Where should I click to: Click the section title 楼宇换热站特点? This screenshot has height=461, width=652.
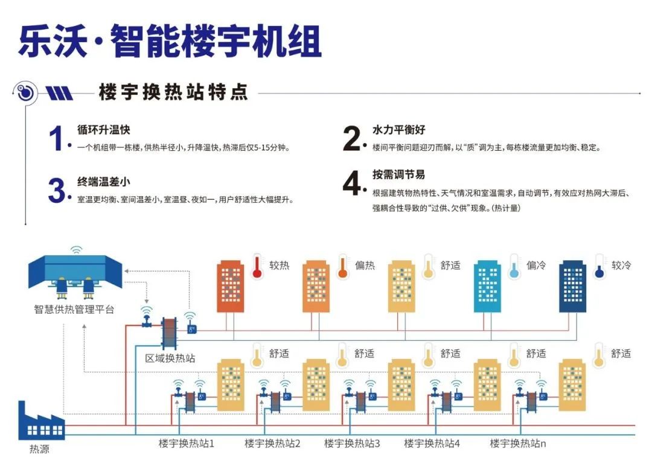point(173,92)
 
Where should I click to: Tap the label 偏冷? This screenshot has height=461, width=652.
point(535,265)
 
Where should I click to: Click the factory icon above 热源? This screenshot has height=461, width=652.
point(40,423)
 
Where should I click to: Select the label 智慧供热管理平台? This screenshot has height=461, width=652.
point(74,310)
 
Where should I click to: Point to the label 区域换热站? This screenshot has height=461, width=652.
point(170,358)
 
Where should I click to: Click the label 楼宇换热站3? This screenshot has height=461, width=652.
point(352,444)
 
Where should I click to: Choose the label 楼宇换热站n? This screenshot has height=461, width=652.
point(518,444)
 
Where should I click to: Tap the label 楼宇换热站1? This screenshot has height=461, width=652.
point(187,444)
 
